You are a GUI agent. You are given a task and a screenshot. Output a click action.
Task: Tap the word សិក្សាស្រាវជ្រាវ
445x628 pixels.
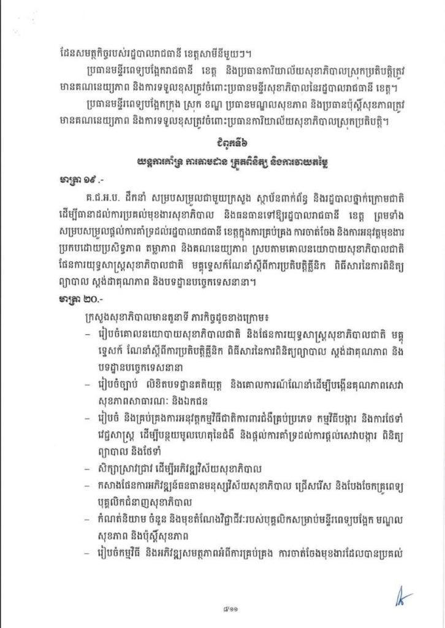point(126,471)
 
